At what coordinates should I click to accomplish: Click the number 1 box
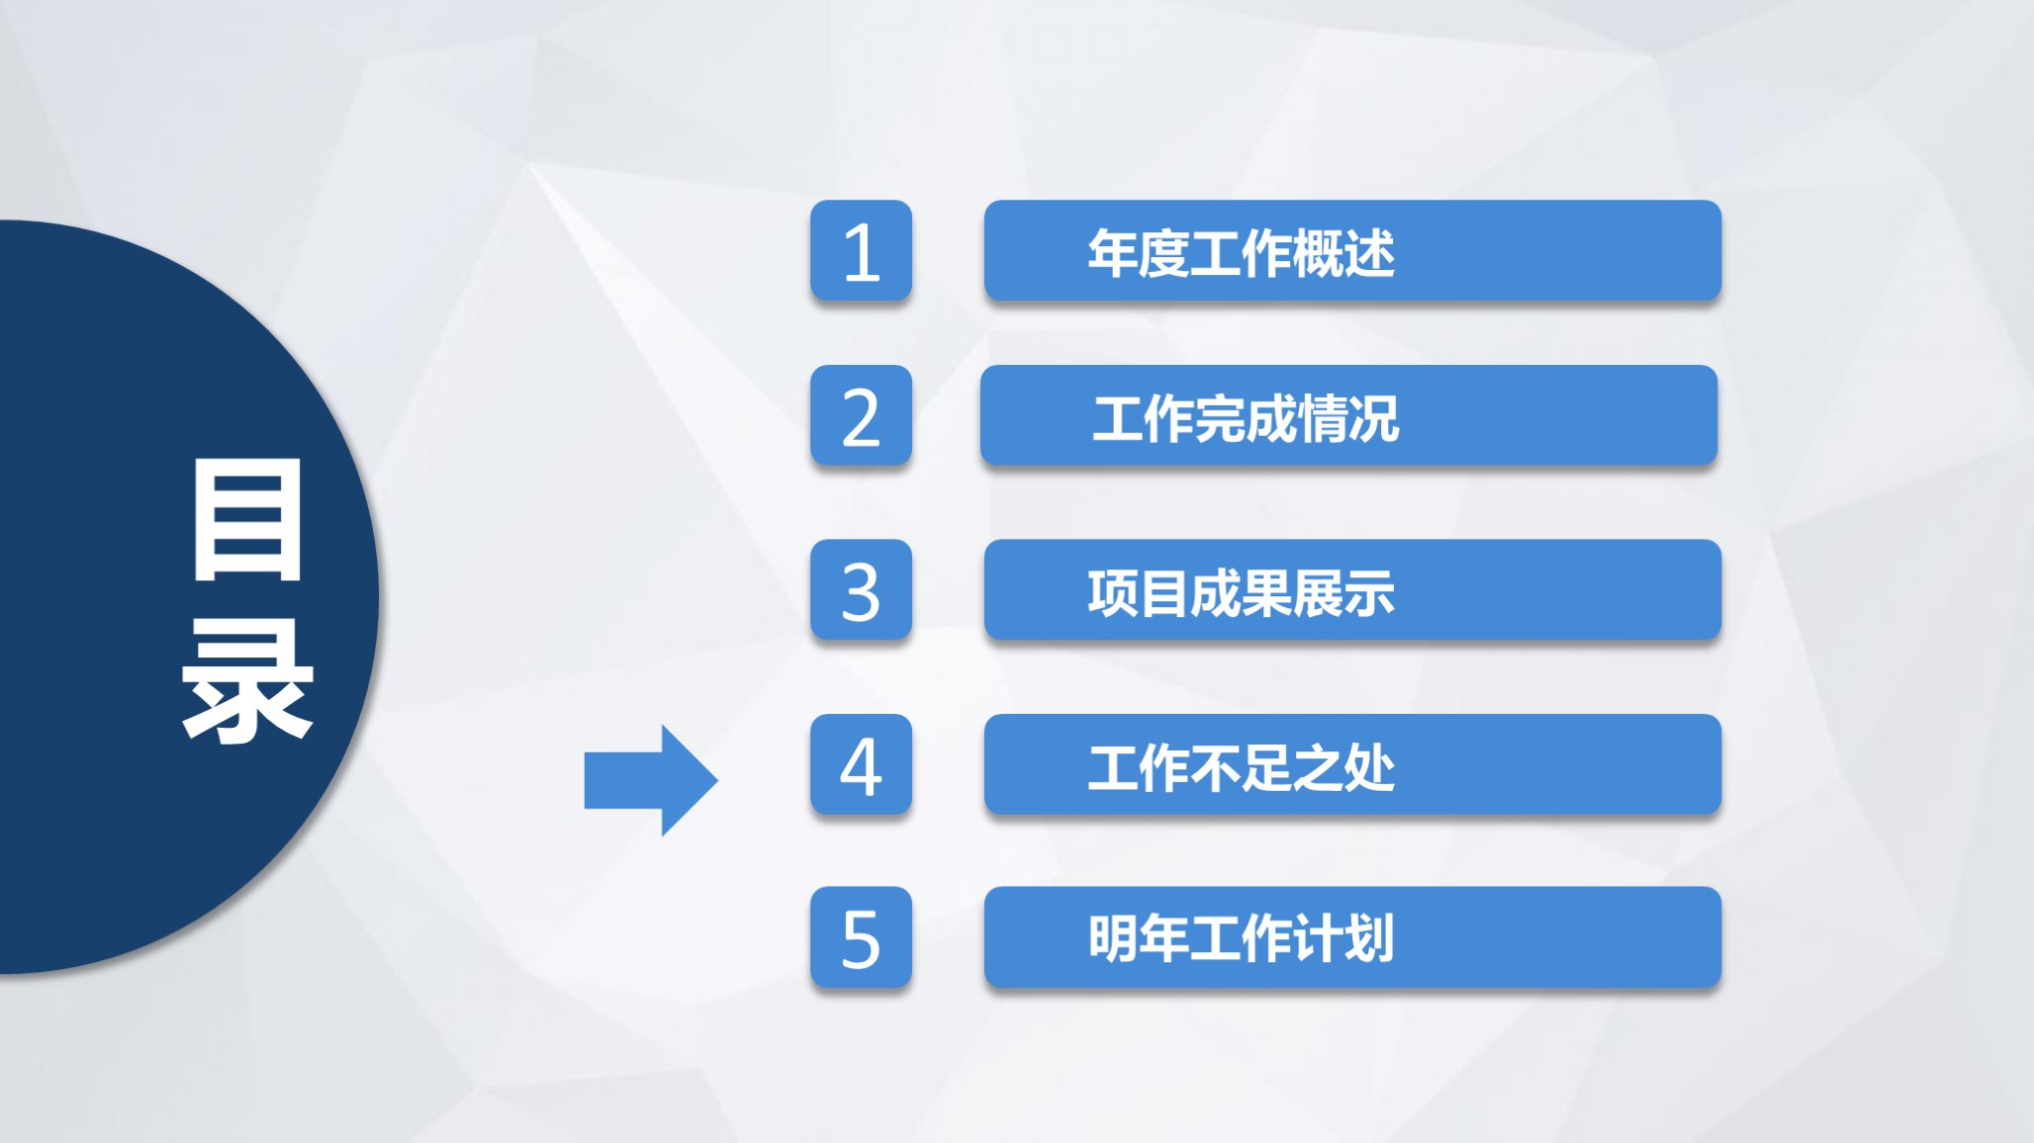pos(861,250)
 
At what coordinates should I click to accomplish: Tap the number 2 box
pos(861,415)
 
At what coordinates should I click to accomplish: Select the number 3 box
pos(861,589)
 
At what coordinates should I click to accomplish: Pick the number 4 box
pos(861,764)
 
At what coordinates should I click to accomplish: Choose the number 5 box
pos(861,937)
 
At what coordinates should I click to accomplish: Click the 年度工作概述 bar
pos(1352,250)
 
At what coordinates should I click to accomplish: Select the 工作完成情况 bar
pos(1348,415)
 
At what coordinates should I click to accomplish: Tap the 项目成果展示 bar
pos(1352,589)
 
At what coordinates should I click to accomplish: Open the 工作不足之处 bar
pos(1352,764)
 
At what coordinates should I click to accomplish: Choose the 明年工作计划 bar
pos(1352,937)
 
